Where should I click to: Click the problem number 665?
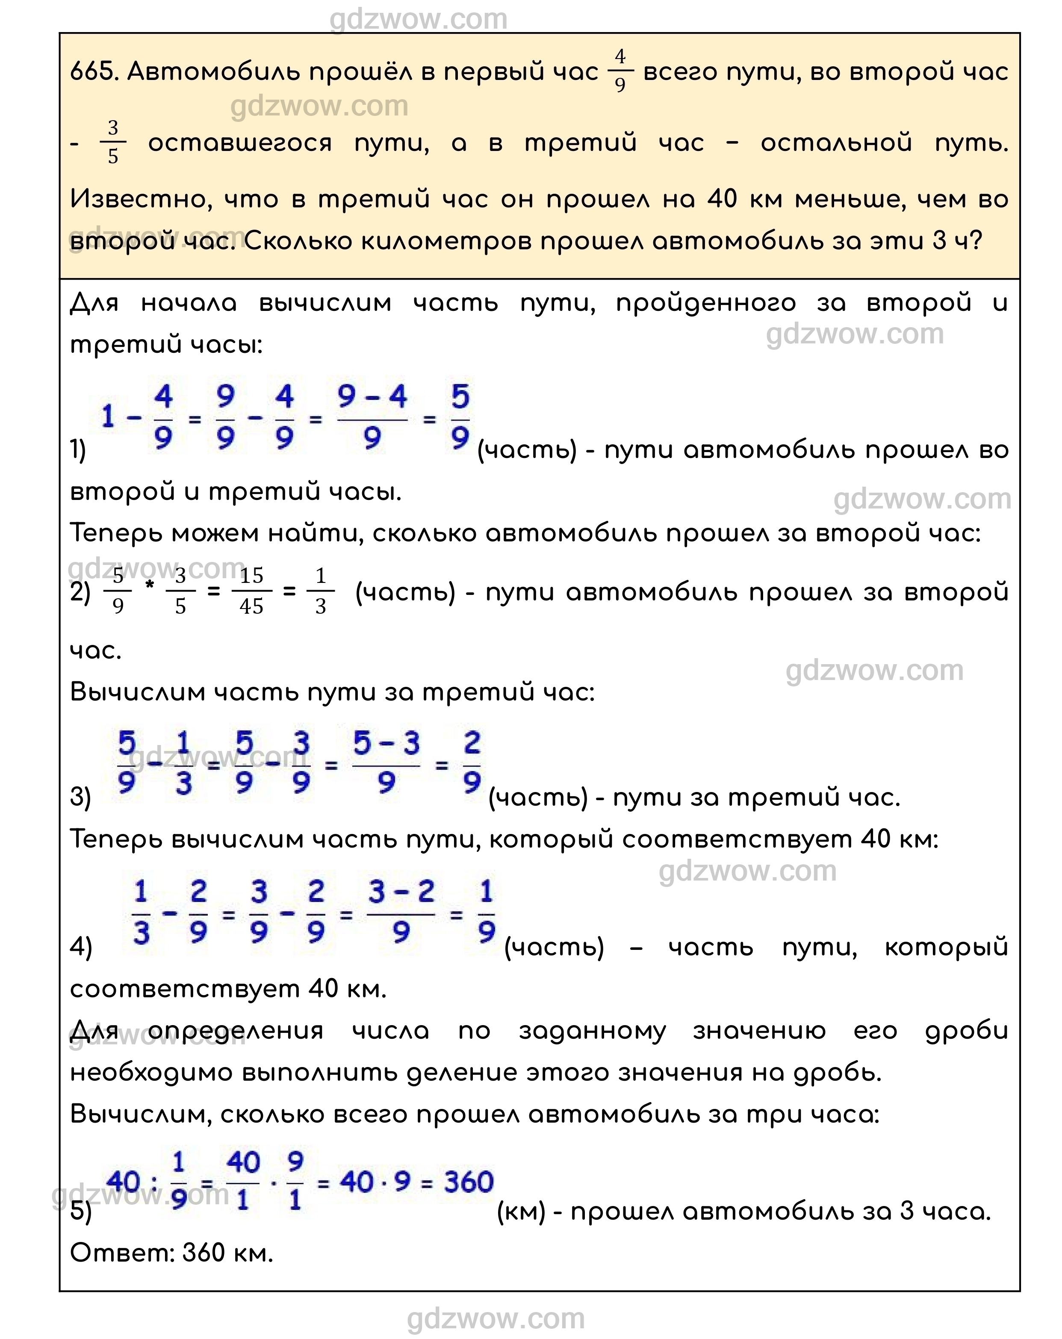click(x=93, y=72)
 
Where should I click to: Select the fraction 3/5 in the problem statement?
click(x=112, y=142)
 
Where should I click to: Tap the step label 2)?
click(x=80, y=592)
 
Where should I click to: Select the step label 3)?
click(x=80, y=797)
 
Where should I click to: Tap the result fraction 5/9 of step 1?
click(x=460, y=417)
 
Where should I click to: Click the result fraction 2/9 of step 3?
click(x=472, y=763)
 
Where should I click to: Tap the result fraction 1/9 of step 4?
click(x=486, y=912)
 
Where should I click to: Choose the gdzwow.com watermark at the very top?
click(x=418, y=19)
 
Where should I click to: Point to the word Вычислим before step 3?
click(x=137, y=692)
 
